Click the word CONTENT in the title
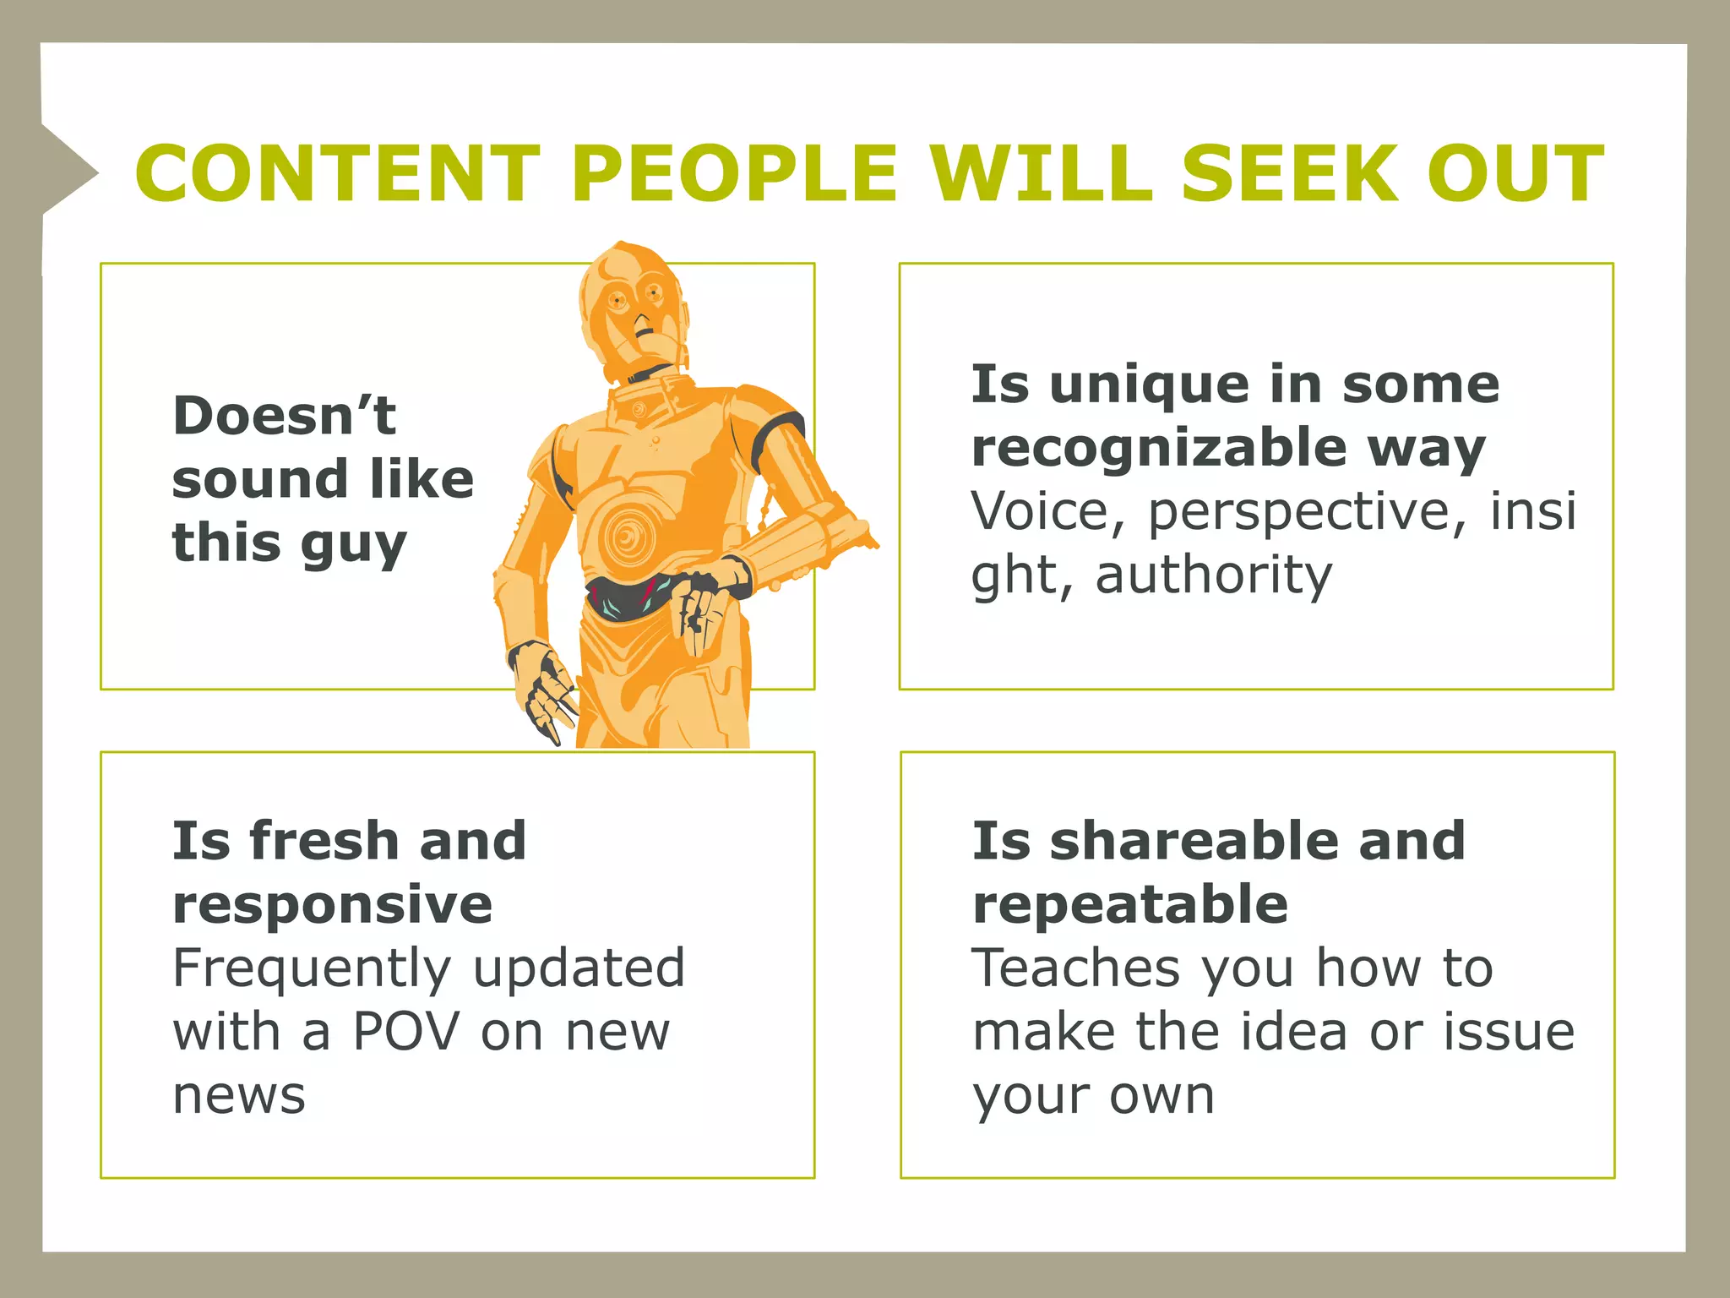pyautogui.click(x=337, y=173)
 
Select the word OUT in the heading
pyautogui.click(x=1515, y=173)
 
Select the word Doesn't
pyautogui.click(x=284, y=416)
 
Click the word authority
pyautogui.click(x=1213, y=575)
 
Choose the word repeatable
pyautogui.click(x=1130, y=904)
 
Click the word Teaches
pyautogui.click(x=1075, y=968)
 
